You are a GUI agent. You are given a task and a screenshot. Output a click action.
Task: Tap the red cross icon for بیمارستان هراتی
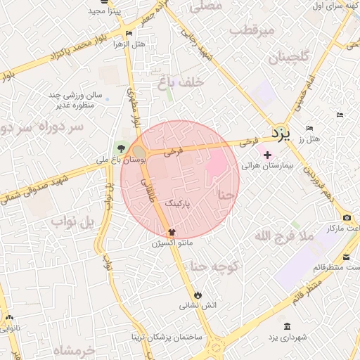[266, 154]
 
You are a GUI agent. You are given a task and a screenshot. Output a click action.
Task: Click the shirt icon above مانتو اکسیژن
[171, 231]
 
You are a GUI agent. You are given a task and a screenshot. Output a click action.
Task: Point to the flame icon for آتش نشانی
[198, 294]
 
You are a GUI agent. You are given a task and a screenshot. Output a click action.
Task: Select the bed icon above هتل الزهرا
[128, 33]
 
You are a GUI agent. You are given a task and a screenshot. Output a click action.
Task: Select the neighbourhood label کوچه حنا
[216, 266]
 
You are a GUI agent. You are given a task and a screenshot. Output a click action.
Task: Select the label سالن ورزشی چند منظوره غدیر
[75, 99]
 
